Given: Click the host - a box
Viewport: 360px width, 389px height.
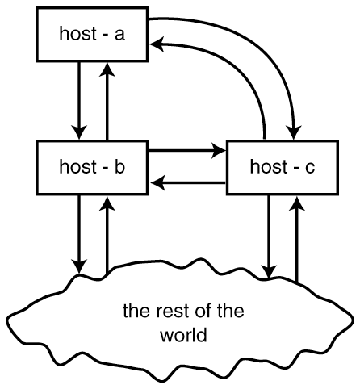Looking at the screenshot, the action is (x=92, y=35).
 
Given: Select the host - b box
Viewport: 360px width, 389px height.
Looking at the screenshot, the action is (x=92, y=167).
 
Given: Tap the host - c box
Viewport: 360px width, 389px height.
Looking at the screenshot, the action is (x=283, y=167).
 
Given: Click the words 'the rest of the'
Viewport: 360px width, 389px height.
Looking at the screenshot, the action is (x=183, y=311).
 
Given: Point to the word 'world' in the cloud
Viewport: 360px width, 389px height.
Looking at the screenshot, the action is (x=183, y=335).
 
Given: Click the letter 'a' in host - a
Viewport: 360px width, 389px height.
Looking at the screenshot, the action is (x=119, y=35).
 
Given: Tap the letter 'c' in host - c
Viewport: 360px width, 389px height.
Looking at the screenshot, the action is (x=309, y=168).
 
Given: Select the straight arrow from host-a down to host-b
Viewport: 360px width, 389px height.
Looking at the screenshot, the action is (x=79, y=101).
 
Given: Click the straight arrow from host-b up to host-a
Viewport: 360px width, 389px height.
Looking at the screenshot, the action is (x=107, y=101).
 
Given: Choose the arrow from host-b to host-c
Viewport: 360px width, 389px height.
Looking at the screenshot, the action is (x=187, y=150).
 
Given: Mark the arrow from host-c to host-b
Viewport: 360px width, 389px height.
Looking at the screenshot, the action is (x=187, y=183).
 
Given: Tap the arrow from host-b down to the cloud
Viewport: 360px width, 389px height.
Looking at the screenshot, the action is (x=79, y=234).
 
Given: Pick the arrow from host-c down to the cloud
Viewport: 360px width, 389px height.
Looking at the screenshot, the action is (x=268, y=236).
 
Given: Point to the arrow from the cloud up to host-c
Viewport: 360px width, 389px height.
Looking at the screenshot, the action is (x=297, y=240).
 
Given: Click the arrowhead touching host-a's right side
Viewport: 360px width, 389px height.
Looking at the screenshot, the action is (x=157, y=44).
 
